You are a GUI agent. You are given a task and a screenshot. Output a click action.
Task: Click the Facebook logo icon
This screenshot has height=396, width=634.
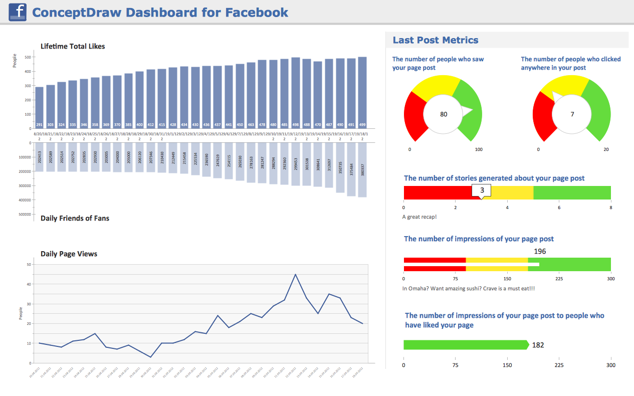[18, 12]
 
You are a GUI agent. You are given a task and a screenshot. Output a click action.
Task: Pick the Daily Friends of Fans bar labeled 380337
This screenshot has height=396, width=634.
[362, 170]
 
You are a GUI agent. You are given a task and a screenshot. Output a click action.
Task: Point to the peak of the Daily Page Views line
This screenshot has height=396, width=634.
[295, 275]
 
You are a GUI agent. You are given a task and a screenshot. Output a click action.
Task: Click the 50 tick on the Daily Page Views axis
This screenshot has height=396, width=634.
[29, 264]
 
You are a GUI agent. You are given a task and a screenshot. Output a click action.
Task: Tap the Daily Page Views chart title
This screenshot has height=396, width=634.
[69, 254]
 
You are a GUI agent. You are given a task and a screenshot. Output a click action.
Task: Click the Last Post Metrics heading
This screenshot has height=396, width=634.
[435, 40]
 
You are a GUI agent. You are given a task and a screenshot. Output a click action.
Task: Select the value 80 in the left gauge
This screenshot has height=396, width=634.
[444, 114]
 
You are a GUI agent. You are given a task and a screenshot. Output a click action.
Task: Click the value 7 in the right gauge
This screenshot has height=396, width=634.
[572, 114]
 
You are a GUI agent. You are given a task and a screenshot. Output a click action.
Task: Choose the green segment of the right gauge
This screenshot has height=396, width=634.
[598, 110]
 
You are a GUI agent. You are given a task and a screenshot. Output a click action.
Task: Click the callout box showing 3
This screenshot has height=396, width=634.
[482, 190]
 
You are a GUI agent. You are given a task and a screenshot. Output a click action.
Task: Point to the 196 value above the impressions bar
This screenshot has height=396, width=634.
[540, 251]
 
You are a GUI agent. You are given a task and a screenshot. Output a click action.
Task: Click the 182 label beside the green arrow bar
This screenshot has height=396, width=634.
[538, 345]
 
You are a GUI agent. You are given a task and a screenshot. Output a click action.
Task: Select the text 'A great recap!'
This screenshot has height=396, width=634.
[419, 217]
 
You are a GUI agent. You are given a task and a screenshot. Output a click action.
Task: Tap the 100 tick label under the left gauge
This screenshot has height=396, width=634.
[478, 149]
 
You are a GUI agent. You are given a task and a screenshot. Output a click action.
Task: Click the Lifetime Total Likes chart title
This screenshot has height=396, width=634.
[73, 46]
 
